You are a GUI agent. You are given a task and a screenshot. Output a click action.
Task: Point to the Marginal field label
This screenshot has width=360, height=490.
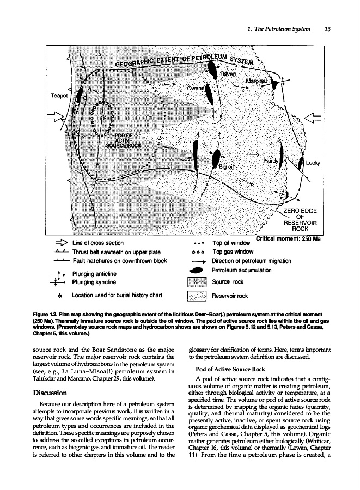point(257,82)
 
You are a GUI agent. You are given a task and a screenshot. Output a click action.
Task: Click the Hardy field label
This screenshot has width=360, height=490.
point(270,161)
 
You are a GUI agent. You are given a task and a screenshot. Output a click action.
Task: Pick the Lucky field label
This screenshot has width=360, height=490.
point(313,163)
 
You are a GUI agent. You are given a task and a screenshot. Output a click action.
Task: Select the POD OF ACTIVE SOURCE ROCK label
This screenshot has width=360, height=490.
point(124,140)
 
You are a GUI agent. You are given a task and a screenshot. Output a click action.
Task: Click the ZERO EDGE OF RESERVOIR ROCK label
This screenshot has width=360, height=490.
point(300,220)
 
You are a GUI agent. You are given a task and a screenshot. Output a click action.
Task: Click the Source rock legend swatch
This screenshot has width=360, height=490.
point(195,282)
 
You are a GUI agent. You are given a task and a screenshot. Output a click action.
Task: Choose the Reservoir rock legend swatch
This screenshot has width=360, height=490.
point(195,296)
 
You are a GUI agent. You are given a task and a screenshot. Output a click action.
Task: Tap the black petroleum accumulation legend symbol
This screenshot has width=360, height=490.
point(195,270)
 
